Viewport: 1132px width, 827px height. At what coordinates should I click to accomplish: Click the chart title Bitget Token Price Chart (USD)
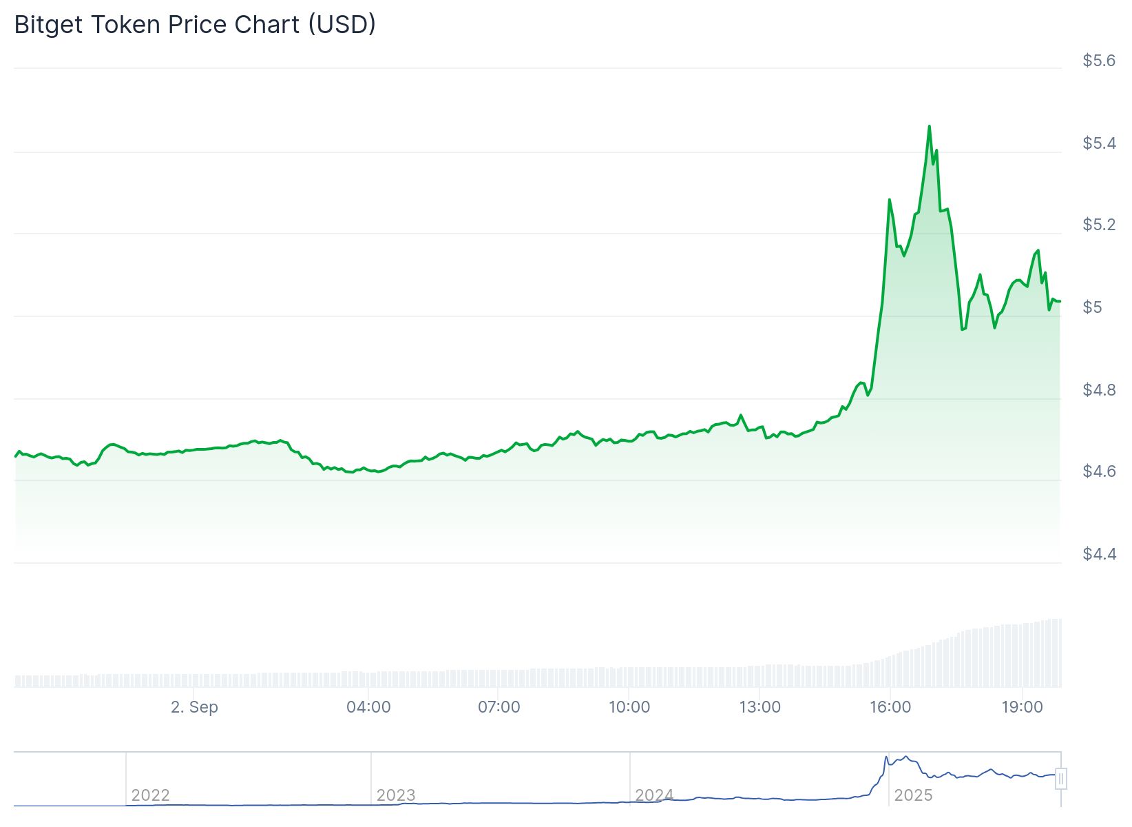pyautogui.click(x=195, y=25)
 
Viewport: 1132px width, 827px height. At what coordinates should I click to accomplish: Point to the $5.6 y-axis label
pyautogui.click(x=1098, y=61)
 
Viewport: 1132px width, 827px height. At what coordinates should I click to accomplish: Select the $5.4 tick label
pyautogui.click(x=1098, y=143)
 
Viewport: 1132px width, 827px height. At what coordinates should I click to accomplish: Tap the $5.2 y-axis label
pyautogui.click(x=1098, y=225)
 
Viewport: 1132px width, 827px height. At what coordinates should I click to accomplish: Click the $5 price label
pyautogui.click(x=1092, y=307)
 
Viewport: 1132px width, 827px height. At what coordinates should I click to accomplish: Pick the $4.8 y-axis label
pyautogui.click(x=1098, y=390)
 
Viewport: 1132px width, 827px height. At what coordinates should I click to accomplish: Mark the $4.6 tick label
pyautogui.click(x=1098, y=471)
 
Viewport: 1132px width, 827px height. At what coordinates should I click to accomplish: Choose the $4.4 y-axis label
pyautogui.click(x=1098, y=554)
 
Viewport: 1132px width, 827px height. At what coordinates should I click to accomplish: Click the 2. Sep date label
pyautogui.click(x=194, y=707)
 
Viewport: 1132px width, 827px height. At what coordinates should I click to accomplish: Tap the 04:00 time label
pyautogui.click(x=368, y=707)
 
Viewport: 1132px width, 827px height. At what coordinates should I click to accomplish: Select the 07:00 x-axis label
pyautogui.click(x=499, y=707)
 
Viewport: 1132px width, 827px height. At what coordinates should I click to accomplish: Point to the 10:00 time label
pyautogui.click(x=629, y=707)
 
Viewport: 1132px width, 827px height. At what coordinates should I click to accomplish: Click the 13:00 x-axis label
pyautogui.click(x=760, y=707)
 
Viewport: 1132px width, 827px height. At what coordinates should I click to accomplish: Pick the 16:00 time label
pyautogui.click(x=890, y=707)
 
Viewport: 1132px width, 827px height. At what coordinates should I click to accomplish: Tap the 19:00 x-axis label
pyautogui.click(x=1022, y=707)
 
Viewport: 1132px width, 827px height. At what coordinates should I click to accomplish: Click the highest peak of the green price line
pyautogui.click(x=929, y=126)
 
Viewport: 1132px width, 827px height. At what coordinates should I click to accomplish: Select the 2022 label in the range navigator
pyautogui.click(x=150, y=795)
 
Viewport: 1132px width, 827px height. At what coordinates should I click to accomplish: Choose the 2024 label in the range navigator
pyautogui.click(x=654, y=795)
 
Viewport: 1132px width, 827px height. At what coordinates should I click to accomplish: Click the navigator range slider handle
pyautogui.click(x=1061, y=779)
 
